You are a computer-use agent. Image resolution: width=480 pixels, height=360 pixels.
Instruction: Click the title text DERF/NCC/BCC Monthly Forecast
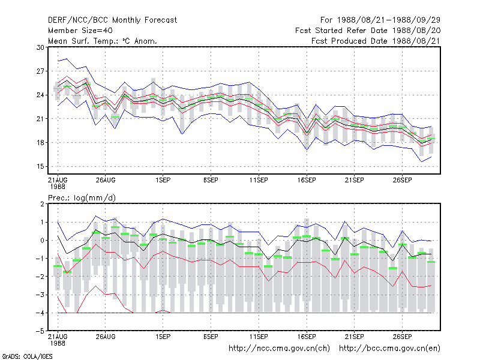(x=112, y=20)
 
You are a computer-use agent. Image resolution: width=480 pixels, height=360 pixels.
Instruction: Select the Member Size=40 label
(x=80, y=31)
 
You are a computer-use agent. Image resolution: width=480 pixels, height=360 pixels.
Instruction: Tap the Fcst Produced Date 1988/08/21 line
(x=376, y=41)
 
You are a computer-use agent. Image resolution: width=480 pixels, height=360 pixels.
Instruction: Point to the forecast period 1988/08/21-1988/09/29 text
(x=380, y=20)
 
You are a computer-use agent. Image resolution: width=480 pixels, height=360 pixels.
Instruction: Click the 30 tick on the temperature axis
(x=40, y=47)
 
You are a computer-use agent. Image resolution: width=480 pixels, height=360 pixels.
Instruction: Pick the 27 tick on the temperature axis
(x=40, y=71)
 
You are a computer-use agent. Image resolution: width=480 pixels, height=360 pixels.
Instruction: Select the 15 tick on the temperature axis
(x=40, y=167)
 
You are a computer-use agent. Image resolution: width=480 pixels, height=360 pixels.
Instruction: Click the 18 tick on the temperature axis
(x=40, y=143)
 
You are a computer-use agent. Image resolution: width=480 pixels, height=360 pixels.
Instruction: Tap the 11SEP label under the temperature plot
(x=259, y=180)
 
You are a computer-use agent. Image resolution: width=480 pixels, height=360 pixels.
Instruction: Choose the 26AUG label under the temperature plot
(x=106, y=180)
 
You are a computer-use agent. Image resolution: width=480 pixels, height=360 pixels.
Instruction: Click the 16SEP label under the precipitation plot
(x=307, y=337)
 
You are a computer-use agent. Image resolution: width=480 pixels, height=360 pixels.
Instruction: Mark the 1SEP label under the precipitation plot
(x=163, y=337)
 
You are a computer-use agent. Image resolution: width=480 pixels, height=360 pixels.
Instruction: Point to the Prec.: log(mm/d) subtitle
(x=82, y=198)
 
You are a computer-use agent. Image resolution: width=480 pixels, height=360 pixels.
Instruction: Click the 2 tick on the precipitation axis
(x=42, y=204)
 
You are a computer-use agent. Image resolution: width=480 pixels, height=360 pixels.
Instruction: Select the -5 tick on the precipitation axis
(x=40, y=331)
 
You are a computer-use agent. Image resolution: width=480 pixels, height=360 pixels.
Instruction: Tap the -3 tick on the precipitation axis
(x=40, y=295)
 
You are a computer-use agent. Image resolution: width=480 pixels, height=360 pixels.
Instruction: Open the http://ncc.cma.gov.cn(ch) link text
(x=279, y=349)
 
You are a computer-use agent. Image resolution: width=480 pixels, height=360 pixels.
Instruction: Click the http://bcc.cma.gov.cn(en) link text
(x=389, y=349)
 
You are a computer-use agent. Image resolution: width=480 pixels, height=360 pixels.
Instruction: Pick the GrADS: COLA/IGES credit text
(x=27, y=356)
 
